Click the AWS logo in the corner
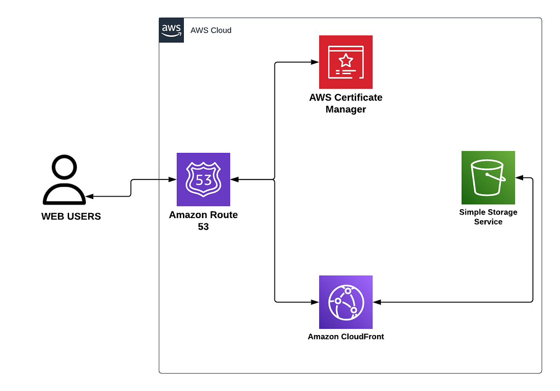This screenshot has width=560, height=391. pos(171,30)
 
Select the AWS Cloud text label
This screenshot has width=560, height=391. pos(211,30)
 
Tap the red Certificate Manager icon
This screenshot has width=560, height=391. pos(345,62)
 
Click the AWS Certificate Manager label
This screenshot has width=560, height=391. pos(345,103)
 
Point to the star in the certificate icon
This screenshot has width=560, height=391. pos(345,60)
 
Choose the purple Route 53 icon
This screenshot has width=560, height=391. pos(203,179)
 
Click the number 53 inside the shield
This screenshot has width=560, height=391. pos(203,180)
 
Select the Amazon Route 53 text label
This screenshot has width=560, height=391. pos(203,221)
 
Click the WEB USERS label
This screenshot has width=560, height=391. pos(71,217)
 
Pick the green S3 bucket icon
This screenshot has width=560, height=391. pos(488,178)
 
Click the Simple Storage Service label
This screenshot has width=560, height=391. pos(488,217)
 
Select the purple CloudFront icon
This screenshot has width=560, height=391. pos(345,302)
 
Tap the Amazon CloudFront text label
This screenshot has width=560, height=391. pos(345,336)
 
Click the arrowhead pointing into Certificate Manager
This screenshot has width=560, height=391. pos(315,62)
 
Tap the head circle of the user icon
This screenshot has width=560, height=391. pos(64,167)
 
